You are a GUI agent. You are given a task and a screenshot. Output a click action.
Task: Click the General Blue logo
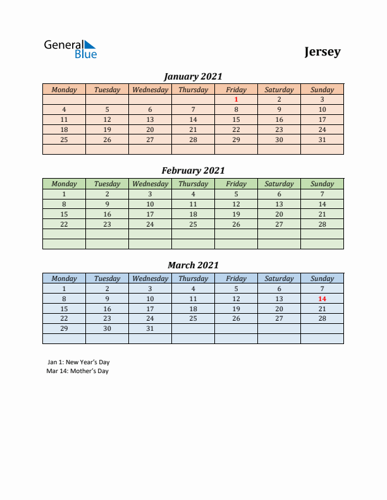click(70, 49)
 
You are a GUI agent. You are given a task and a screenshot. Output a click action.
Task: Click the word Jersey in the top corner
click(322, 52)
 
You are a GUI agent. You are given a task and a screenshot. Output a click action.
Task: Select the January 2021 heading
click(193, 76)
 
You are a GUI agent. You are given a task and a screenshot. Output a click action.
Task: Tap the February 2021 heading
click(193, 170)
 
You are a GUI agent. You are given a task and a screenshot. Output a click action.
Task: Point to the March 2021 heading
click(193, 265)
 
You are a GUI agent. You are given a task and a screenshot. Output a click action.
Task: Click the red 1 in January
click(236, 99)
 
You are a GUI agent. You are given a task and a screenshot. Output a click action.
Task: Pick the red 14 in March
click(322, 299)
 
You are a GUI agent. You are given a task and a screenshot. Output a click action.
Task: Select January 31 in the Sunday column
click(322, 140)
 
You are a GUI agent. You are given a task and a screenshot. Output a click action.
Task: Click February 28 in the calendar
click(322, 224)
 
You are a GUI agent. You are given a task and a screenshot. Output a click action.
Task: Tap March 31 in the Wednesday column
click(150, 329)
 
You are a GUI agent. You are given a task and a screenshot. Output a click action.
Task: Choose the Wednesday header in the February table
click(150, 184)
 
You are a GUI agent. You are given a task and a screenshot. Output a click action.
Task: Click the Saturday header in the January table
click(279, 90)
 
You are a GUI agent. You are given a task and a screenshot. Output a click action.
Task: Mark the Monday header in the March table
click(64, 278)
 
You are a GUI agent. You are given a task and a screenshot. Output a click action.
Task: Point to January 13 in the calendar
click(150, 119)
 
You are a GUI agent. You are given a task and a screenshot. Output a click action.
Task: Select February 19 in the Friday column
click(236, 214)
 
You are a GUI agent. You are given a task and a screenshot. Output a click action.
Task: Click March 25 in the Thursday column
click(193, 319)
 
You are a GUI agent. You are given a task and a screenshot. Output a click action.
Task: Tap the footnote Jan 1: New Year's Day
click(78, 362)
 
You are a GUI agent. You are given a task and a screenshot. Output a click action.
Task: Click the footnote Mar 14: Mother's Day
click(78, 371)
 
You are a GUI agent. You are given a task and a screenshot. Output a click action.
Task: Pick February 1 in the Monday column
click(64, 194)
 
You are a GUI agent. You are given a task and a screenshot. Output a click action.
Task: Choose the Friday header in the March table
click(236, 278)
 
